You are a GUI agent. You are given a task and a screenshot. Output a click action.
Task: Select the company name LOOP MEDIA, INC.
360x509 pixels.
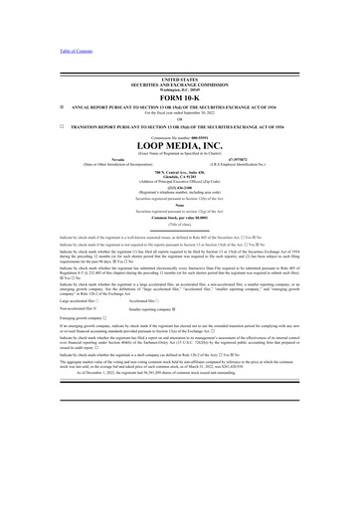tap(179, 143)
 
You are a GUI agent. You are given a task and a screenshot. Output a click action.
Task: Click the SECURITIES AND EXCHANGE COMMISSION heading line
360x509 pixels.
tap(179, 83)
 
